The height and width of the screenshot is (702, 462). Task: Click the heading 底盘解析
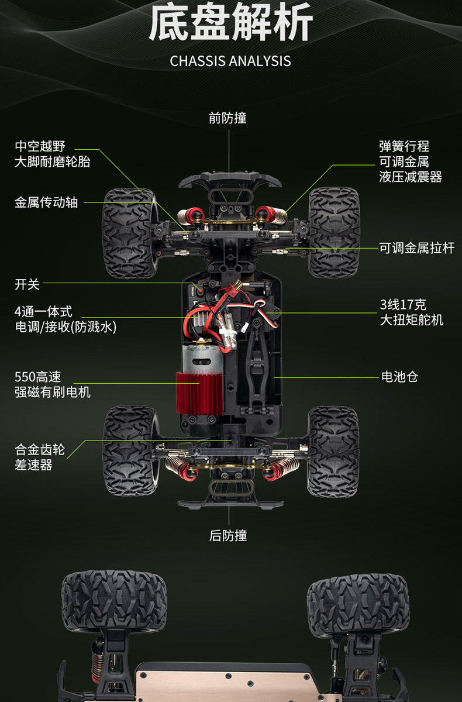[x=231, y=25]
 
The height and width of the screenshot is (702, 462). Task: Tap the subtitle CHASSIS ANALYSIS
[x=230, y=61]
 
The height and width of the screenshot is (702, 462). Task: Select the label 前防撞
[x=228, y=118]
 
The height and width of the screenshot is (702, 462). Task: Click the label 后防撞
[x=228, y=535]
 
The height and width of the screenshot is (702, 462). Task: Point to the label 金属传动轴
[x=46, y=202]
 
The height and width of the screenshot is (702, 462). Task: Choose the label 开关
[x=27, y=284]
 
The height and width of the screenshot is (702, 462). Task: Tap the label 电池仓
[x=399, y=377]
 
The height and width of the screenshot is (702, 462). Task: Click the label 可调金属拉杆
[x=416, y=248]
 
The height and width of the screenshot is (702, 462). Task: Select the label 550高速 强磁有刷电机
[x=53, y=384]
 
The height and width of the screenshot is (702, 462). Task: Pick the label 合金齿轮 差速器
[x=40, y=457]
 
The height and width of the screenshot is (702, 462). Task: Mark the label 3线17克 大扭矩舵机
[x=412, y=312]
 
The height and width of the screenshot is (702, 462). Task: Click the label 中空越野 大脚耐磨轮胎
[x=53, y=154]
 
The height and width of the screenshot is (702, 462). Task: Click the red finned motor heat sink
[x=199, y=393]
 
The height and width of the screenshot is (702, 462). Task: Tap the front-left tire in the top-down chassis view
[x=129, y=233]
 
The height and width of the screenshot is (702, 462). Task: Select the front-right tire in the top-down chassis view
[x=333, y=232]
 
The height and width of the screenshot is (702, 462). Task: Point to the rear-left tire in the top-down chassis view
[x=130, y=450]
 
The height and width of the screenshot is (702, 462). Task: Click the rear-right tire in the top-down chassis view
[x=333, y=450]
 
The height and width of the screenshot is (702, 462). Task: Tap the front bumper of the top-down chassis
[x=229, y=178]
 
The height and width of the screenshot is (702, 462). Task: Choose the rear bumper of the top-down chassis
[x=230, y=502]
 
